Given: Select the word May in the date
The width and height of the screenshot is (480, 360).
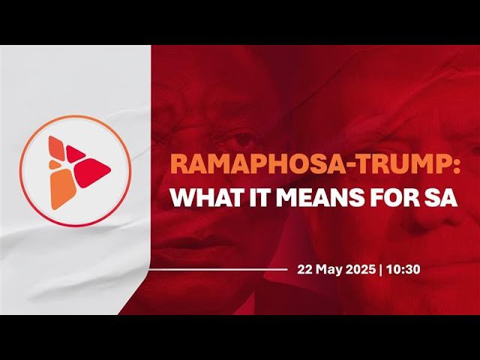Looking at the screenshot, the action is tap(328, 270).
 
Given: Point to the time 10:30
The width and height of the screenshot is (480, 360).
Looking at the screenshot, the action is tap(403, 270).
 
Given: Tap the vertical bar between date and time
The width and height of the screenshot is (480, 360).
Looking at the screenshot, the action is tap(380, 270).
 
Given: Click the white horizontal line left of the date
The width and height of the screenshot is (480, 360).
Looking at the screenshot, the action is tap(218, 270).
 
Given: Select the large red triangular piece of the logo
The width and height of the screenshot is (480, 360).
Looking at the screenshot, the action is tap(92, 172).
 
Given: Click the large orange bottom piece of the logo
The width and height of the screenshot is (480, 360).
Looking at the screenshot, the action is tap(63, 189).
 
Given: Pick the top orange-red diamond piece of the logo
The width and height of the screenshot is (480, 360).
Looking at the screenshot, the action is tap(57, 147).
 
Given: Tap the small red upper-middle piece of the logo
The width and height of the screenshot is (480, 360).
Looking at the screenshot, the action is tap(75, 154).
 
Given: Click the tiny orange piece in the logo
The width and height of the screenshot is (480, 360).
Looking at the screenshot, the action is tap(55, 164).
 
